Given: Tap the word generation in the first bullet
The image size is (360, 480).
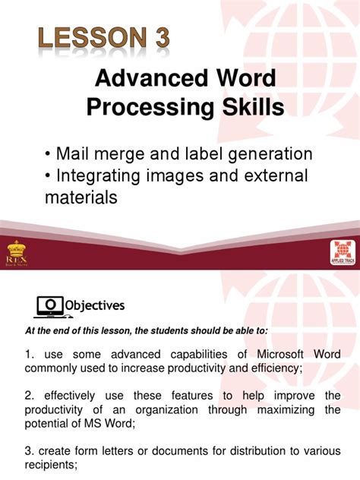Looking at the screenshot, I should [x=263, y=153].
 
